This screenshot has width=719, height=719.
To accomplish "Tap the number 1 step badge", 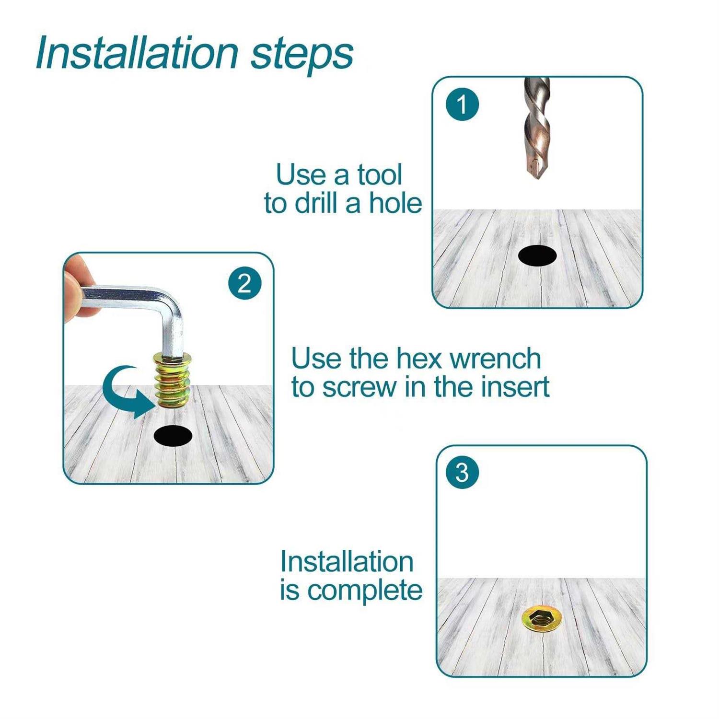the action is [x=462, y=104].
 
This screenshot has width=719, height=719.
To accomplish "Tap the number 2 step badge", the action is [x=244, y=283].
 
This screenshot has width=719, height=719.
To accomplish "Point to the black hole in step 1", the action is [x=537, y=255].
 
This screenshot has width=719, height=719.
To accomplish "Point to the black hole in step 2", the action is [x=173, y=436].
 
